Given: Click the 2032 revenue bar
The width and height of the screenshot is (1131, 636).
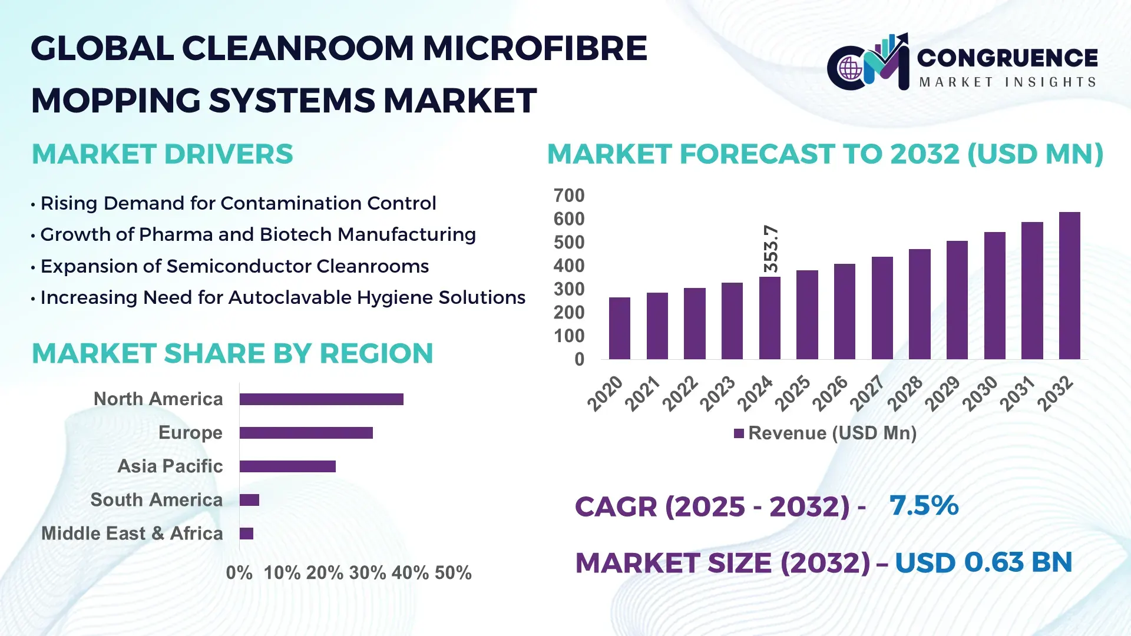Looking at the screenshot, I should [1069, 286].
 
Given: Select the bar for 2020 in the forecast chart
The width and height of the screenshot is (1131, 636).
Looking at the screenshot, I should [619, 329].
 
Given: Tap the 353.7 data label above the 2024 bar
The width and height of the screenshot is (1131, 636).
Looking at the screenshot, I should [770, 249].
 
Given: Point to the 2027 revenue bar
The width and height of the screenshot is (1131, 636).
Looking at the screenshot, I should [882, 308].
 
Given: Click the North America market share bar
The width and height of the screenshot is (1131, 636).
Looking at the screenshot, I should [321, 399].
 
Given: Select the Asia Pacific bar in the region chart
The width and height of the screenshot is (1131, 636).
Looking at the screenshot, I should [287, 466].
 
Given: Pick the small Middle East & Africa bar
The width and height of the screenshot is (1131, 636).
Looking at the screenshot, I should [246, 534].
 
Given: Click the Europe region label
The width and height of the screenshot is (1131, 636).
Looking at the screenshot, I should [190, 432].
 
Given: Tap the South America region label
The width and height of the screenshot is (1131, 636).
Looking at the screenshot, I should [156, 499].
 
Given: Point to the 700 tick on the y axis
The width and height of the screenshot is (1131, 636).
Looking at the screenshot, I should [568, 196].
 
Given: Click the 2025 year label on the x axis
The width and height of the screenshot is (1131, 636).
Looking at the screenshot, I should [793, 393].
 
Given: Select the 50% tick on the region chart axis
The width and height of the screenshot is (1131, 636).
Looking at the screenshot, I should [453, 572].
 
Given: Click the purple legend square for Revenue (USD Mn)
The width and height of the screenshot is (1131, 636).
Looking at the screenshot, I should [739, 433].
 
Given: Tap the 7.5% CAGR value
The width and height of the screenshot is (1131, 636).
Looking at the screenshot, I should [924, 505].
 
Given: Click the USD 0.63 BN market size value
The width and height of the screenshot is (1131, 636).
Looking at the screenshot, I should [983, 562].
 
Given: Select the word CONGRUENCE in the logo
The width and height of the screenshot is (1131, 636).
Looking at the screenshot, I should [1007, 58].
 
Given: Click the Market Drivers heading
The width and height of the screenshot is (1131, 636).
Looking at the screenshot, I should [162, 154].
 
